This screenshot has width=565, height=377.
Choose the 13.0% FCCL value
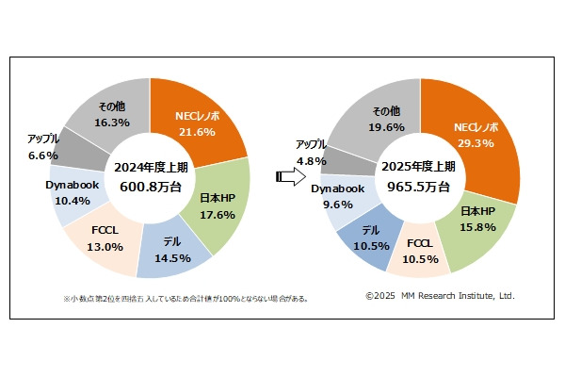tap(105, 247)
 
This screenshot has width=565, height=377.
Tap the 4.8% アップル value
tap(314, 160)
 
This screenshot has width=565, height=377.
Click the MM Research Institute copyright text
tap(440, 297)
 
